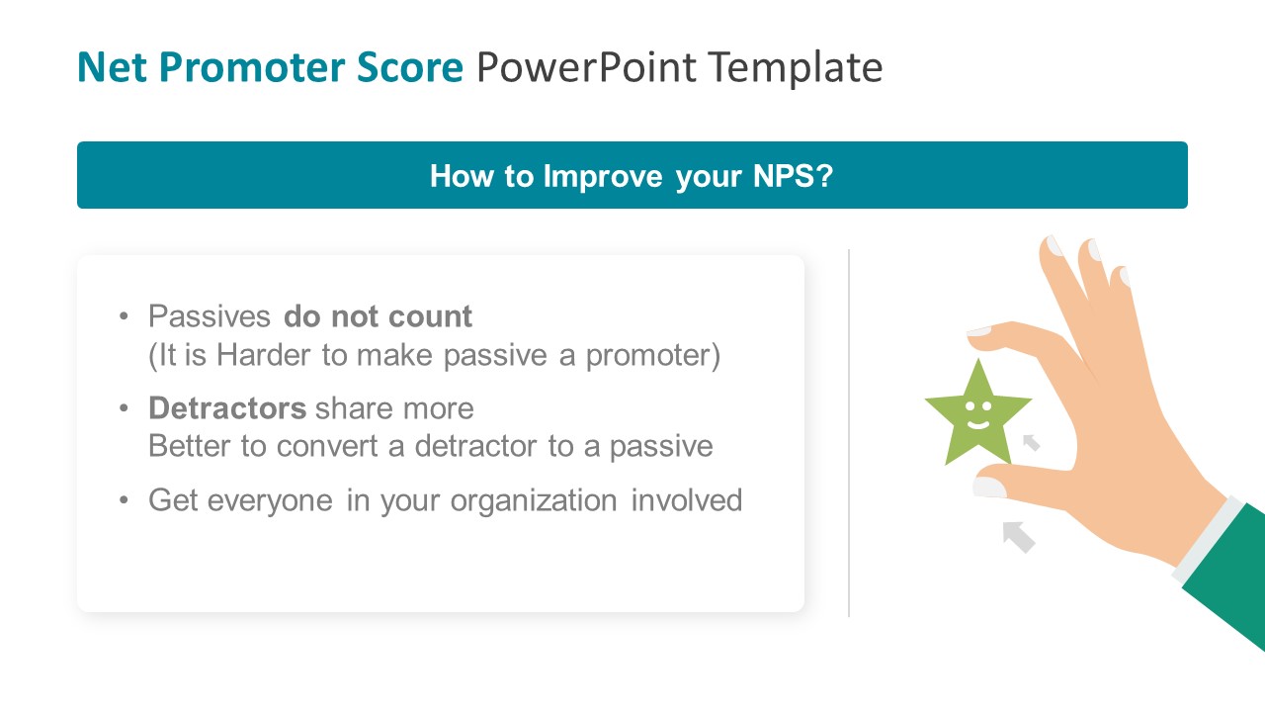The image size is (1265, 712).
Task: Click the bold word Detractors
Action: click(x=227, y=408)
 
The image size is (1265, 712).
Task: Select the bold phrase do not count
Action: click(x=378, y=316)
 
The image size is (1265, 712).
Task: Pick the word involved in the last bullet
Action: click(x=687, y=500)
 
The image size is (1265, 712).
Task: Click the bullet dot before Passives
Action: click(x=124, y=316)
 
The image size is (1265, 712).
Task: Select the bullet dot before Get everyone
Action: click(x=124, y=500)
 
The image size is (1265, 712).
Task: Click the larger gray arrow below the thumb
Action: click(x=1018, y=536)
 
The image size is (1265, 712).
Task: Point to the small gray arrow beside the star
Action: click(x=1031, y=442)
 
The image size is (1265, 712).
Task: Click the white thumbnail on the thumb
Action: click(x=989, y=487)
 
